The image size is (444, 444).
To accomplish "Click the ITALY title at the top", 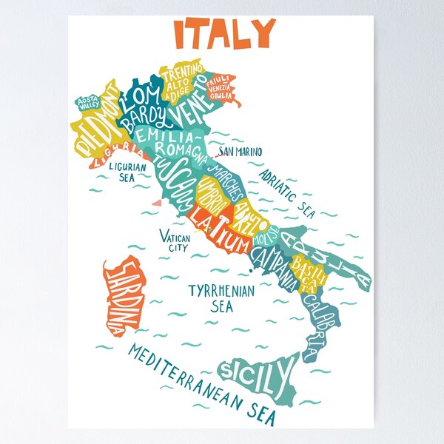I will [x=224, y=33].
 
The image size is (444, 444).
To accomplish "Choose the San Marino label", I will [x=239, y=152].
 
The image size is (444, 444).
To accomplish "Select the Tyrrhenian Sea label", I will [x=221, y=296].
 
